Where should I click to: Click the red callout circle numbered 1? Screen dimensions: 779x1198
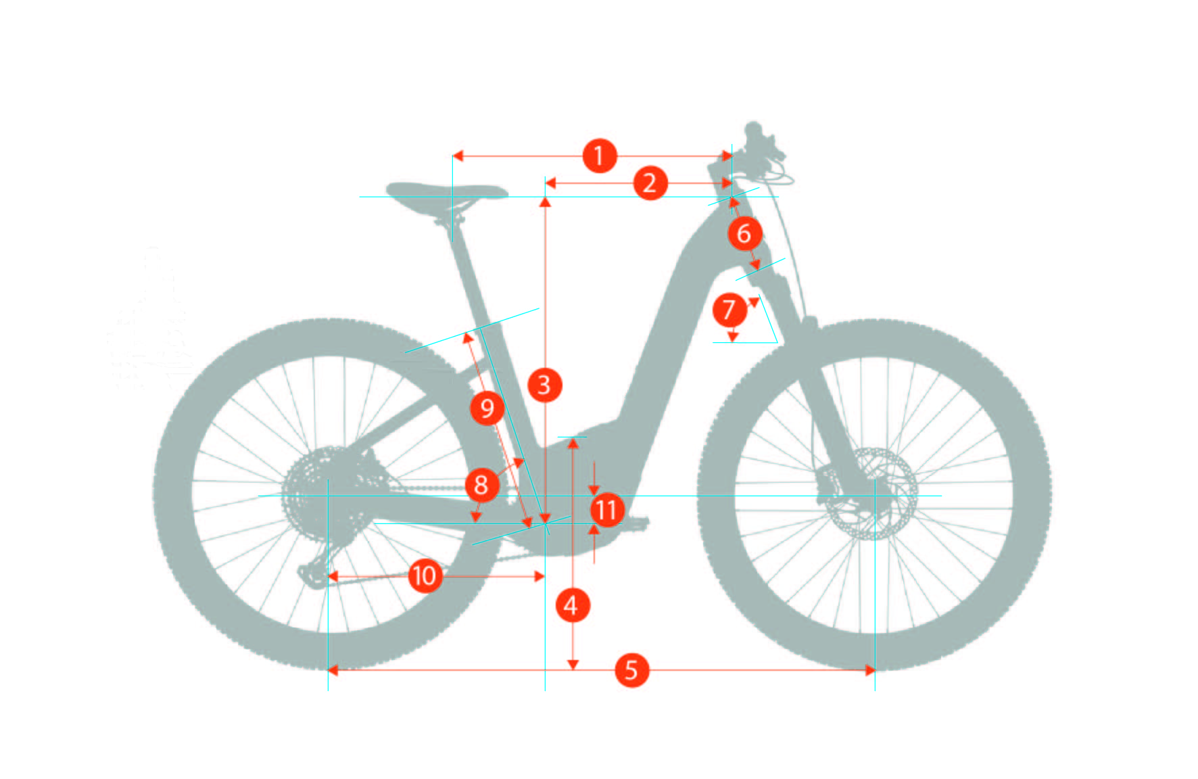[600, 156]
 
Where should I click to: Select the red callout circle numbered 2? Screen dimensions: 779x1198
[650, 183]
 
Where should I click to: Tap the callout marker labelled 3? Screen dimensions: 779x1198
[544, 385]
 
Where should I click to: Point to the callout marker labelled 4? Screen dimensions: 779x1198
[572, 605]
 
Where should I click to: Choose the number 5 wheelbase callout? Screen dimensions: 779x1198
[631, 670]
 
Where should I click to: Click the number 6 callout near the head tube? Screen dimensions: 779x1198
[744, 233]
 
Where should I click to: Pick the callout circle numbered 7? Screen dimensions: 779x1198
[729, 310]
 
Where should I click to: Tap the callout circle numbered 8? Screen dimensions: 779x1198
[481, 484]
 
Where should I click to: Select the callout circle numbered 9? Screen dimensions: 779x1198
[487, 408]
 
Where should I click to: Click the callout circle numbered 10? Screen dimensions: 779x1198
[425, 576]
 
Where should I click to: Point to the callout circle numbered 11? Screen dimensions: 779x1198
[607, 510]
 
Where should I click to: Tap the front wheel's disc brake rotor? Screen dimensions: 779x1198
[872, 494]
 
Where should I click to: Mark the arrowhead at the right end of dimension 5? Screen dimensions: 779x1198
[870, 670]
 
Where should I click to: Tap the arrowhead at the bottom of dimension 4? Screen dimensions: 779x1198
[573, 665]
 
